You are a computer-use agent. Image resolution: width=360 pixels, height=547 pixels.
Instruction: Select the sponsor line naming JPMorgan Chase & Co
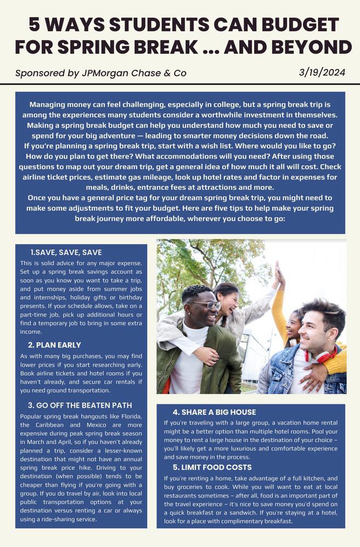[101, 73]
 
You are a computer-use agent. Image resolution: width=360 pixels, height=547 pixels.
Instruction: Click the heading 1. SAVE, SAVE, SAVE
[66, 252]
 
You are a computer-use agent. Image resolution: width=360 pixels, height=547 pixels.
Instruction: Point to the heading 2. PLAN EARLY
[54, 345]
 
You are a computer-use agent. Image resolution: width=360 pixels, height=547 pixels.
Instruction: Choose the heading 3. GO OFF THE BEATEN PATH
[80, 405]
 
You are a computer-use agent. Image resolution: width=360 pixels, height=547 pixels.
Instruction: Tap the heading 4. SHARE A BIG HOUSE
[214, 412]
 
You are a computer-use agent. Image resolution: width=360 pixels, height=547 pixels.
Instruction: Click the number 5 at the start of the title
[35, 25]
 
